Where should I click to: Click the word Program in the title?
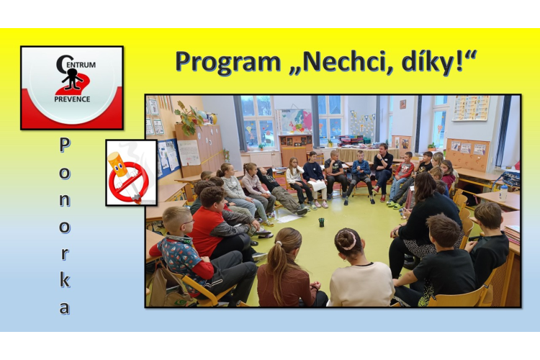pyautogui.click(x=228, y=63)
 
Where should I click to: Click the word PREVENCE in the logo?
pyautogui.click(x=72, y=99)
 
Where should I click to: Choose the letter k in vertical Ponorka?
pyautogui.click(x=65, y=279)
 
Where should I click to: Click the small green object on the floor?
pyautogui.click(x=321, y=222)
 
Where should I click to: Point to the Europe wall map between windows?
pyautogui.click(x=295, y=121)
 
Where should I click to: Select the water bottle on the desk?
pyautogui.click(x=503, y=193)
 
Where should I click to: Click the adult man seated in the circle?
pyautogui.click(x=382, y=171)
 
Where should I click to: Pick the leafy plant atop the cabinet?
pyautogui.click(x=188, y=118)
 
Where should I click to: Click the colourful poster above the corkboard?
pyautogui.click(x=471, y=108)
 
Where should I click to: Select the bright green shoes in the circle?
pyautogui.click(x=393, y=204)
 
